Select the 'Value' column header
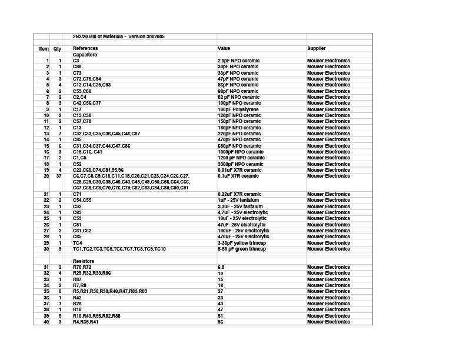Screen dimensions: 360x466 224,48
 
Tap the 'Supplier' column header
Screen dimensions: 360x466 316,48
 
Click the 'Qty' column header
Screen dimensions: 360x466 57,48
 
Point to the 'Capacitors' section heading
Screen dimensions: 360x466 85,55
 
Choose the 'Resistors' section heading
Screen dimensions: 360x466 84,261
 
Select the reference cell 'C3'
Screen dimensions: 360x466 76,61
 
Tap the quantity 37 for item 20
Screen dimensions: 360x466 58,176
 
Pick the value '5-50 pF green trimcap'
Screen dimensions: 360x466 242,249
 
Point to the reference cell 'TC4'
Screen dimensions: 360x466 77,243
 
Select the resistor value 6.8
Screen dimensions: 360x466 221,267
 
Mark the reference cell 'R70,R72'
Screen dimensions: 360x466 82,267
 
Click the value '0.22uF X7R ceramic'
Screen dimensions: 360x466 239,194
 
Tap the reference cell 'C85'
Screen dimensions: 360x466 77,139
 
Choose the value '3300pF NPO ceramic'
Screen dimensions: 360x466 240,164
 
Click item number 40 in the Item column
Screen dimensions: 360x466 46,322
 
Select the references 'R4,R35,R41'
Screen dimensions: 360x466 85,322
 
